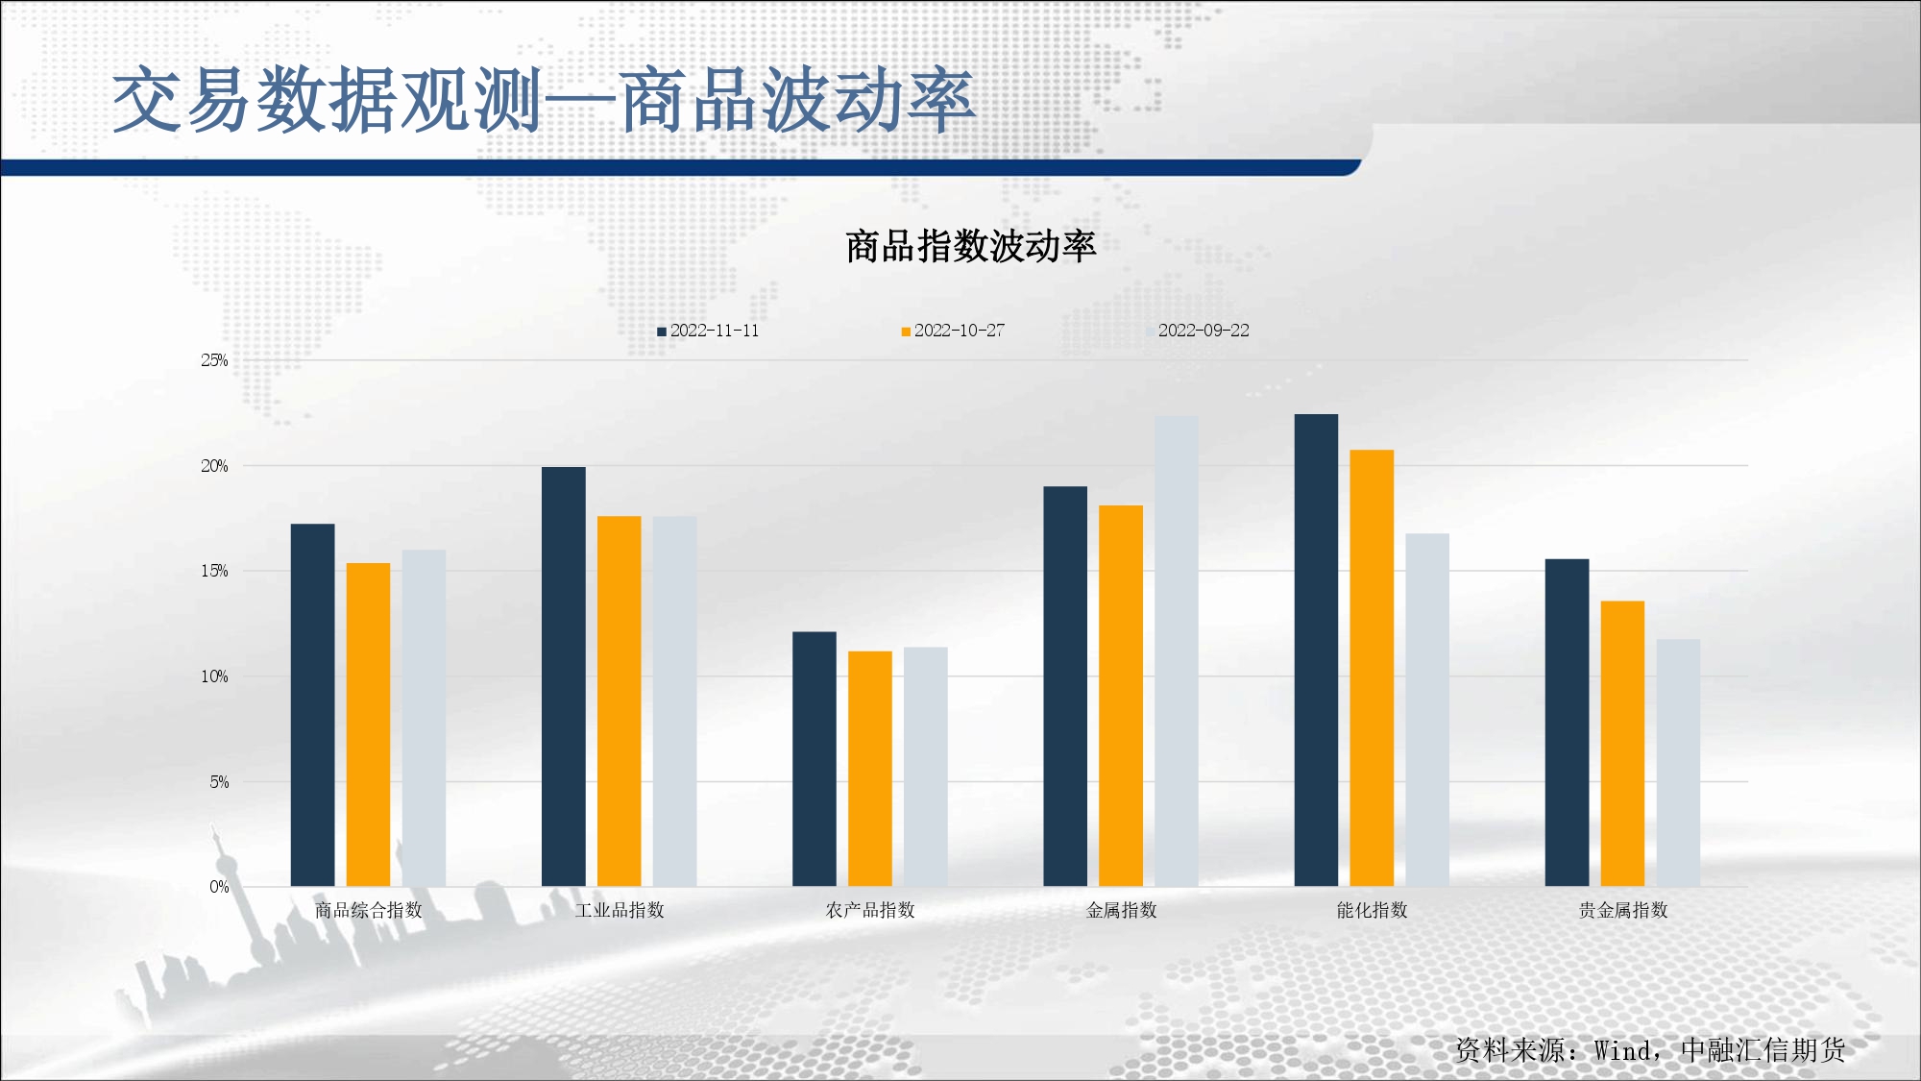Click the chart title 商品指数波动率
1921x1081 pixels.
coord(970,246)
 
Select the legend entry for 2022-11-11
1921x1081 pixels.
coord(708,331)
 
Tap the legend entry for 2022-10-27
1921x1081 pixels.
coord(953,331)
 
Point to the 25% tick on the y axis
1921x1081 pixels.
coord(214,360)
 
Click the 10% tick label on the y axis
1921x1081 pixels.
coord(214,676)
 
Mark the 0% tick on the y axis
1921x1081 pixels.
coord(219,887)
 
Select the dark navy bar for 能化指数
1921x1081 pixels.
coord(1316,651)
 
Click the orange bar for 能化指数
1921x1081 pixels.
coord(1372,668)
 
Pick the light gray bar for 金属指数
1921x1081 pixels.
coord(1177,651)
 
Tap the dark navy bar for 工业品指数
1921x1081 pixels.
coord(564,676)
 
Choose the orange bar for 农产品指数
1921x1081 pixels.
coord(870,769)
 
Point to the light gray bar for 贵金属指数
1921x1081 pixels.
coord(1678,763)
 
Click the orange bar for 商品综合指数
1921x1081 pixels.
coord(369,725)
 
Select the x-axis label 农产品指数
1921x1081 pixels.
coord(870,910)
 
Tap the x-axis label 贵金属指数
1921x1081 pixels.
coord(1623,910)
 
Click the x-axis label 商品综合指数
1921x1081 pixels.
coord(369,910)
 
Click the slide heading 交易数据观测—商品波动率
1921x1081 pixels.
coord(544,100)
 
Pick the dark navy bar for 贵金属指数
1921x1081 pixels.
coord(1567,723)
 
